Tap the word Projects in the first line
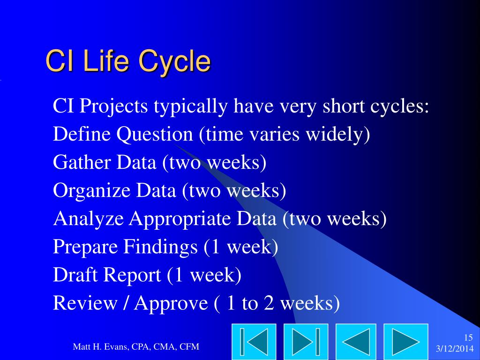(113, 106)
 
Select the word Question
(155, 135)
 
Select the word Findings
(160, 247)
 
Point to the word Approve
(171, 304)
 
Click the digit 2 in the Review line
(269, 303)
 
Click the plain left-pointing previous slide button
(356, 342)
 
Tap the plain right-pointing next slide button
(406, 342)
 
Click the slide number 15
(468, 337)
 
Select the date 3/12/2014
(455, 349)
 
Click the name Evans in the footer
(116, 347)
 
